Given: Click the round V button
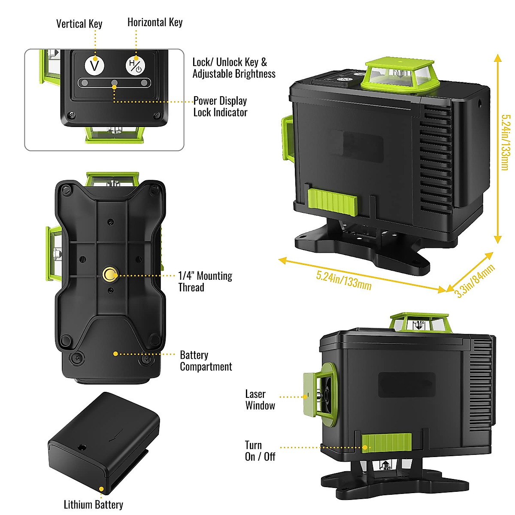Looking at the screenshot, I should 94,66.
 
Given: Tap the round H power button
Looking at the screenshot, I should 135,66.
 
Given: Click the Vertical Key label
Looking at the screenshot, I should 79,24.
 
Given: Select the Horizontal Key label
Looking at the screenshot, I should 155,22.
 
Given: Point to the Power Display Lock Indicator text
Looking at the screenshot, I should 220,106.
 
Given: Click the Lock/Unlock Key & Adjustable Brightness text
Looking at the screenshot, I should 233,68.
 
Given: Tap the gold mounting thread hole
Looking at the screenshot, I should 110,274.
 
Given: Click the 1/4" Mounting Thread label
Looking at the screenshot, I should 205,282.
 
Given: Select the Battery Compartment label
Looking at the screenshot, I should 206,360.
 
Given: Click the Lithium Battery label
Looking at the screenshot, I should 93,504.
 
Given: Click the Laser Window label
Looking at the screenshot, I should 260,400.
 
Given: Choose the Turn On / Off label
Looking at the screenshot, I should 260,451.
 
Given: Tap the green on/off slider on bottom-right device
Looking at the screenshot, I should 386,442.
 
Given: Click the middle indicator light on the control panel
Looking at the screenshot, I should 114,82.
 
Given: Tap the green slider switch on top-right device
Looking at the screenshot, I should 333,202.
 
